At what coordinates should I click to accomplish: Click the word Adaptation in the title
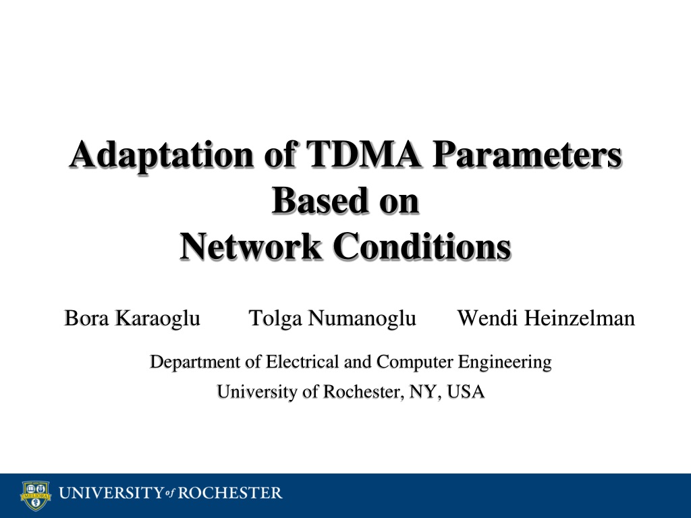click(x=161, y=156)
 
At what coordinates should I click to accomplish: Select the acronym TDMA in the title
click(x=364, y=154)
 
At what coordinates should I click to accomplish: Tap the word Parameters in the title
click(x=527, y=154)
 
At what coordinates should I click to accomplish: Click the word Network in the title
click(x=251, y=246)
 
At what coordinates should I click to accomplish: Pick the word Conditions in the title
click(x=422, y=246)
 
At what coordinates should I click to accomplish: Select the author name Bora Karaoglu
click(x=132, y=318)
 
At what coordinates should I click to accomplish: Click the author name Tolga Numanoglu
click(x=332, y=318)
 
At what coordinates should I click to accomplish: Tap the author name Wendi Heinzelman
click(x=546, y=318)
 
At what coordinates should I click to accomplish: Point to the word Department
click(x=195, y=362)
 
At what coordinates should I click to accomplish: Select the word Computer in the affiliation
click(x=415, y=362)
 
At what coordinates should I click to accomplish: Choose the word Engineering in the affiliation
click(x=505, y=362)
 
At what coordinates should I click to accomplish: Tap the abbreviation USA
click(x=466, y=392)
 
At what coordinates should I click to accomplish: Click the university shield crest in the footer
click(x=36, y=496)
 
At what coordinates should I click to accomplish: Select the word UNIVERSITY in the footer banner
click(x=111, y=493)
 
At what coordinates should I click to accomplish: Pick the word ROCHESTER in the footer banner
click(x=229, y=493)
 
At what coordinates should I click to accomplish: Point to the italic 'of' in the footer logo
click(x=170, y=493)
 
